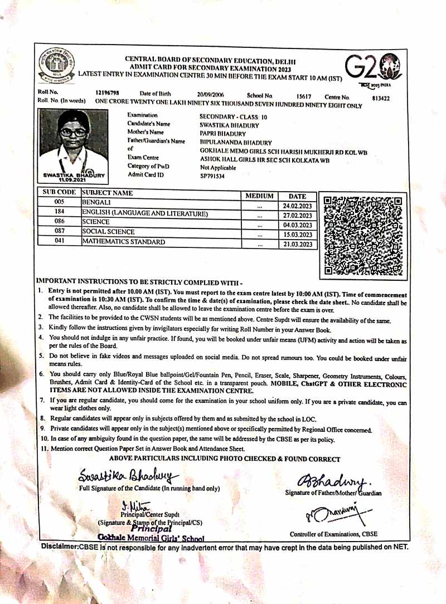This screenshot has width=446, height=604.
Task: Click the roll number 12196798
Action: (108, 93)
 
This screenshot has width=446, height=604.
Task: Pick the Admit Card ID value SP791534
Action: (213, 176)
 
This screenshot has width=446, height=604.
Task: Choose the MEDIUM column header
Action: (260, 196)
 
